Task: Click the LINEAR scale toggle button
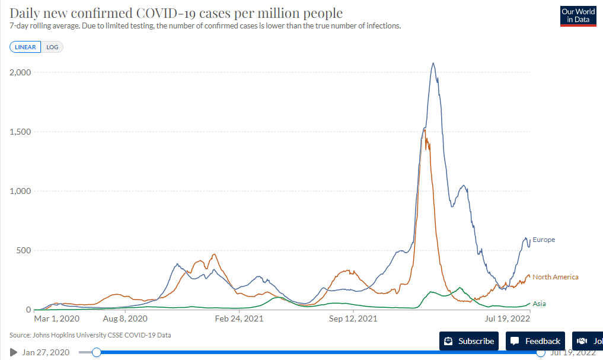pos(25,47)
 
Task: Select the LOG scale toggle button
pos(52,47)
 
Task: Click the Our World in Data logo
pos(578,16)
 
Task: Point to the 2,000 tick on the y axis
pos(20,72)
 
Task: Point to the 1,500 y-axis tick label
pos(20,132)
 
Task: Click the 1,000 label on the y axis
pos(20,191)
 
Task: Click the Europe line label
pos(544,240)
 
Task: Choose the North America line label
pos(555,277)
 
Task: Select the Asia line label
pos(539,304)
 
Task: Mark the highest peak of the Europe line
pos(433,63)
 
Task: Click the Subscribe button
pos(469,341)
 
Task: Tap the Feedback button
pos(535,341)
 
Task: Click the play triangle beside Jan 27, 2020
pos(14,352)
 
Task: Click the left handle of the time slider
pos(96,352)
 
